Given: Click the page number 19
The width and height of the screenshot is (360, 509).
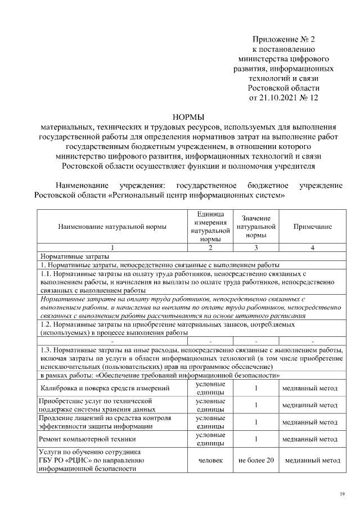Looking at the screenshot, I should click(x=341, y=494).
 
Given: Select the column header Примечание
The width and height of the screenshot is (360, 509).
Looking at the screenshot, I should click(x=312, y=227).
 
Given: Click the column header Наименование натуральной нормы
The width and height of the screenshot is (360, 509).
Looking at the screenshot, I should click(x=112, y=227).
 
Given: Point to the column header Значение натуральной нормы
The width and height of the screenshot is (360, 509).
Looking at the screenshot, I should click(x=256, y=227).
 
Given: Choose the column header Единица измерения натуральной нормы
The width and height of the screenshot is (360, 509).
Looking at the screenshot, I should click(x=210, y=227).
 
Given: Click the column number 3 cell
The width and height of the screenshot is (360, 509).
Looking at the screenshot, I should click(x=256, y=247).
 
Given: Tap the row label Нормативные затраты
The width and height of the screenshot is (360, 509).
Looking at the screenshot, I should click(x=66, y=256).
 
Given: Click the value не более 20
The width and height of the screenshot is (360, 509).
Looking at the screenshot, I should click(x=256, y=460).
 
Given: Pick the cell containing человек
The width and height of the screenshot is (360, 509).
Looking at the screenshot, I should click(x=210, y=460).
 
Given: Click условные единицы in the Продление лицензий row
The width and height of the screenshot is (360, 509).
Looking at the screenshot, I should click(x=210, y=422).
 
